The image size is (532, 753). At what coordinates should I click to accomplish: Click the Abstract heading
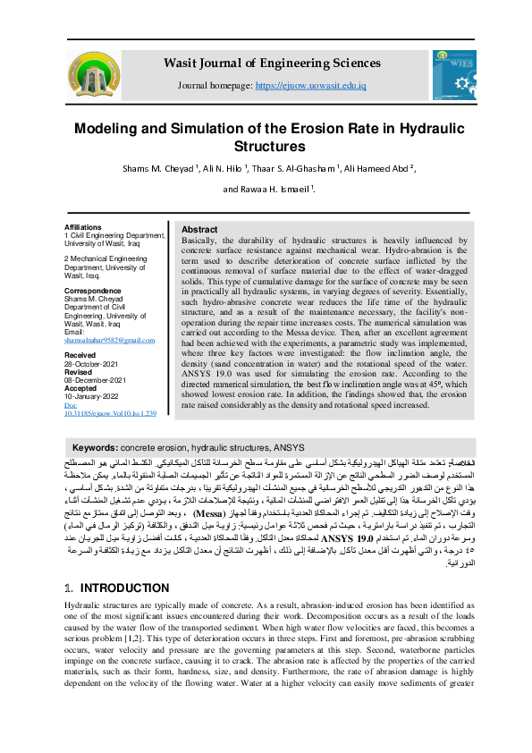click(x=199, y=230)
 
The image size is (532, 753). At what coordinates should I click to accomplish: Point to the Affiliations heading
click(x=84, y=228)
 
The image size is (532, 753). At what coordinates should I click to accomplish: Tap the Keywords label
click(x=95, y=446)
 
